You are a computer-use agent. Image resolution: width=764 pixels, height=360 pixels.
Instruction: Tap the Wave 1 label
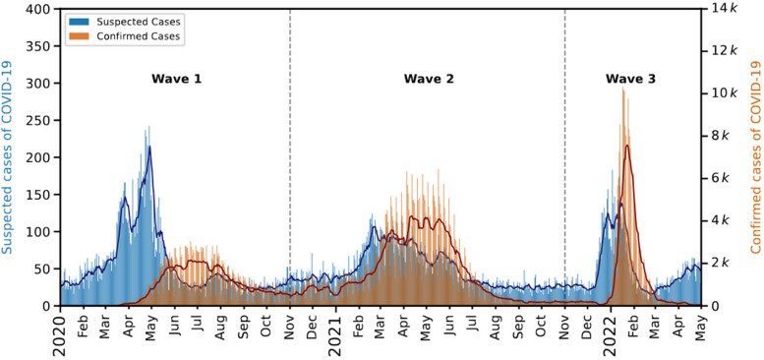pyautogui.click(x=177, y=78)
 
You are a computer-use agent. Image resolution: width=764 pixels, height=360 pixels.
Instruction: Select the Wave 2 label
pyautogui.click(x=429, y=78)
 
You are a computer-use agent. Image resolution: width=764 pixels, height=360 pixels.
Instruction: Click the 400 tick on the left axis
pyautogui.click(x=39, y=10)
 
